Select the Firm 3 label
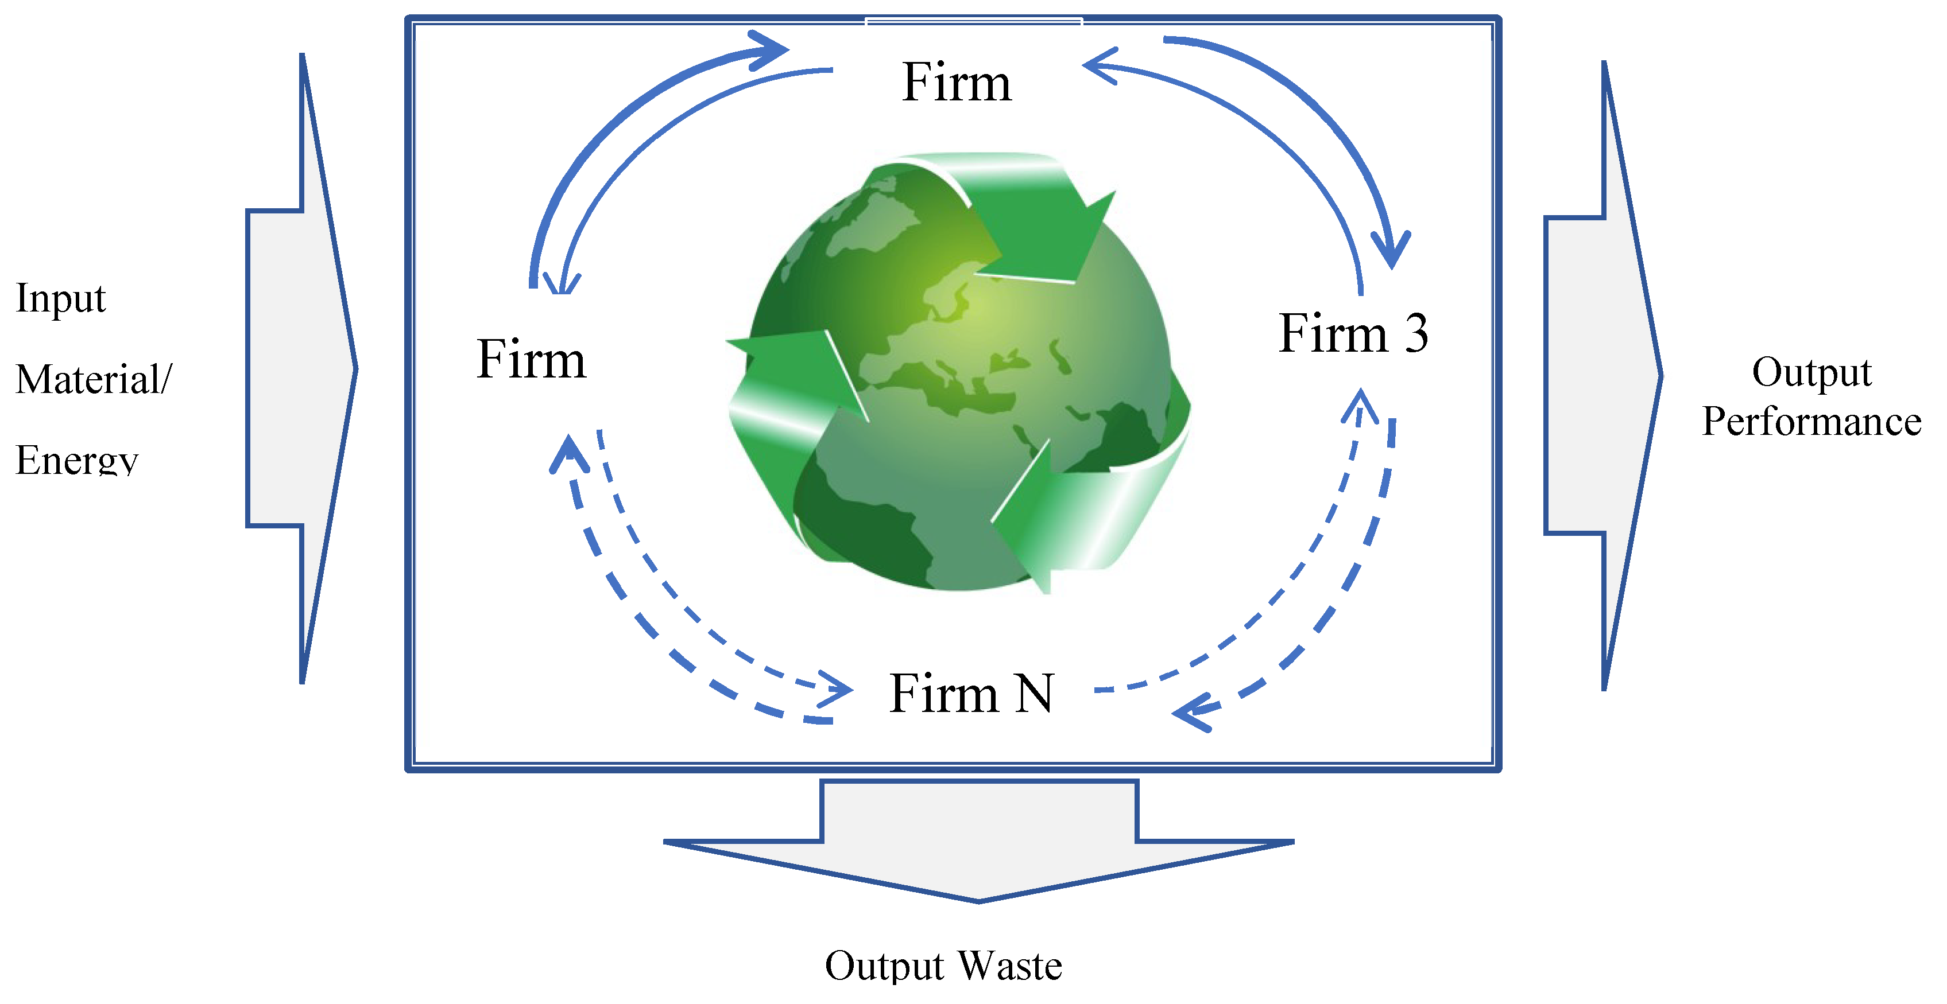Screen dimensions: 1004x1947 [1352, 333]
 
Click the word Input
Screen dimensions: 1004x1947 [60, 298]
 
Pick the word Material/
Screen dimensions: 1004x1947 [94, 379]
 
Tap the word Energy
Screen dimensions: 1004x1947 [77, 460]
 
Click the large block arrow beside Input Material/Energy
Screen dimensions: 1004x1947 [303, 369]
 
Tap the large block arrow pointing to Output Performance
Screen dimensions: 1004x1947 [1602, 375]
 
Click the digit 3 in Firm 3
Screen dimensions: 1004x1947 [1416, 333]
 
